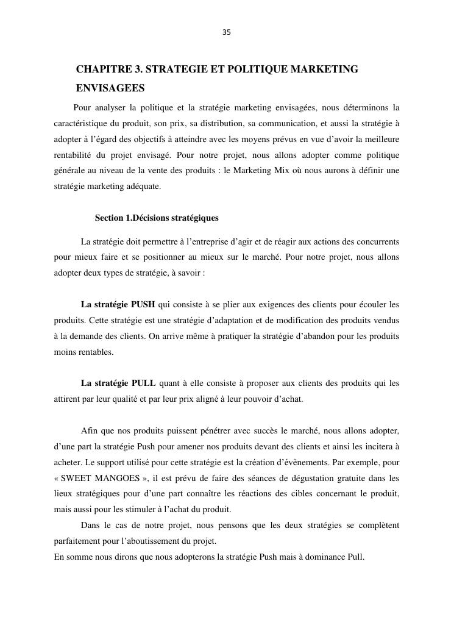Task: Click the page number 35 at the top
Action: (227, 32)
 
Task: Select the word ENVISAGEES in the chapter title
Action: (110, 88)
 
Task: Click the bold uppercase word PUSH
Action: (143, 304)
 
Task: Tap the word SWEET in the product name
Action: (80, 478)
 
